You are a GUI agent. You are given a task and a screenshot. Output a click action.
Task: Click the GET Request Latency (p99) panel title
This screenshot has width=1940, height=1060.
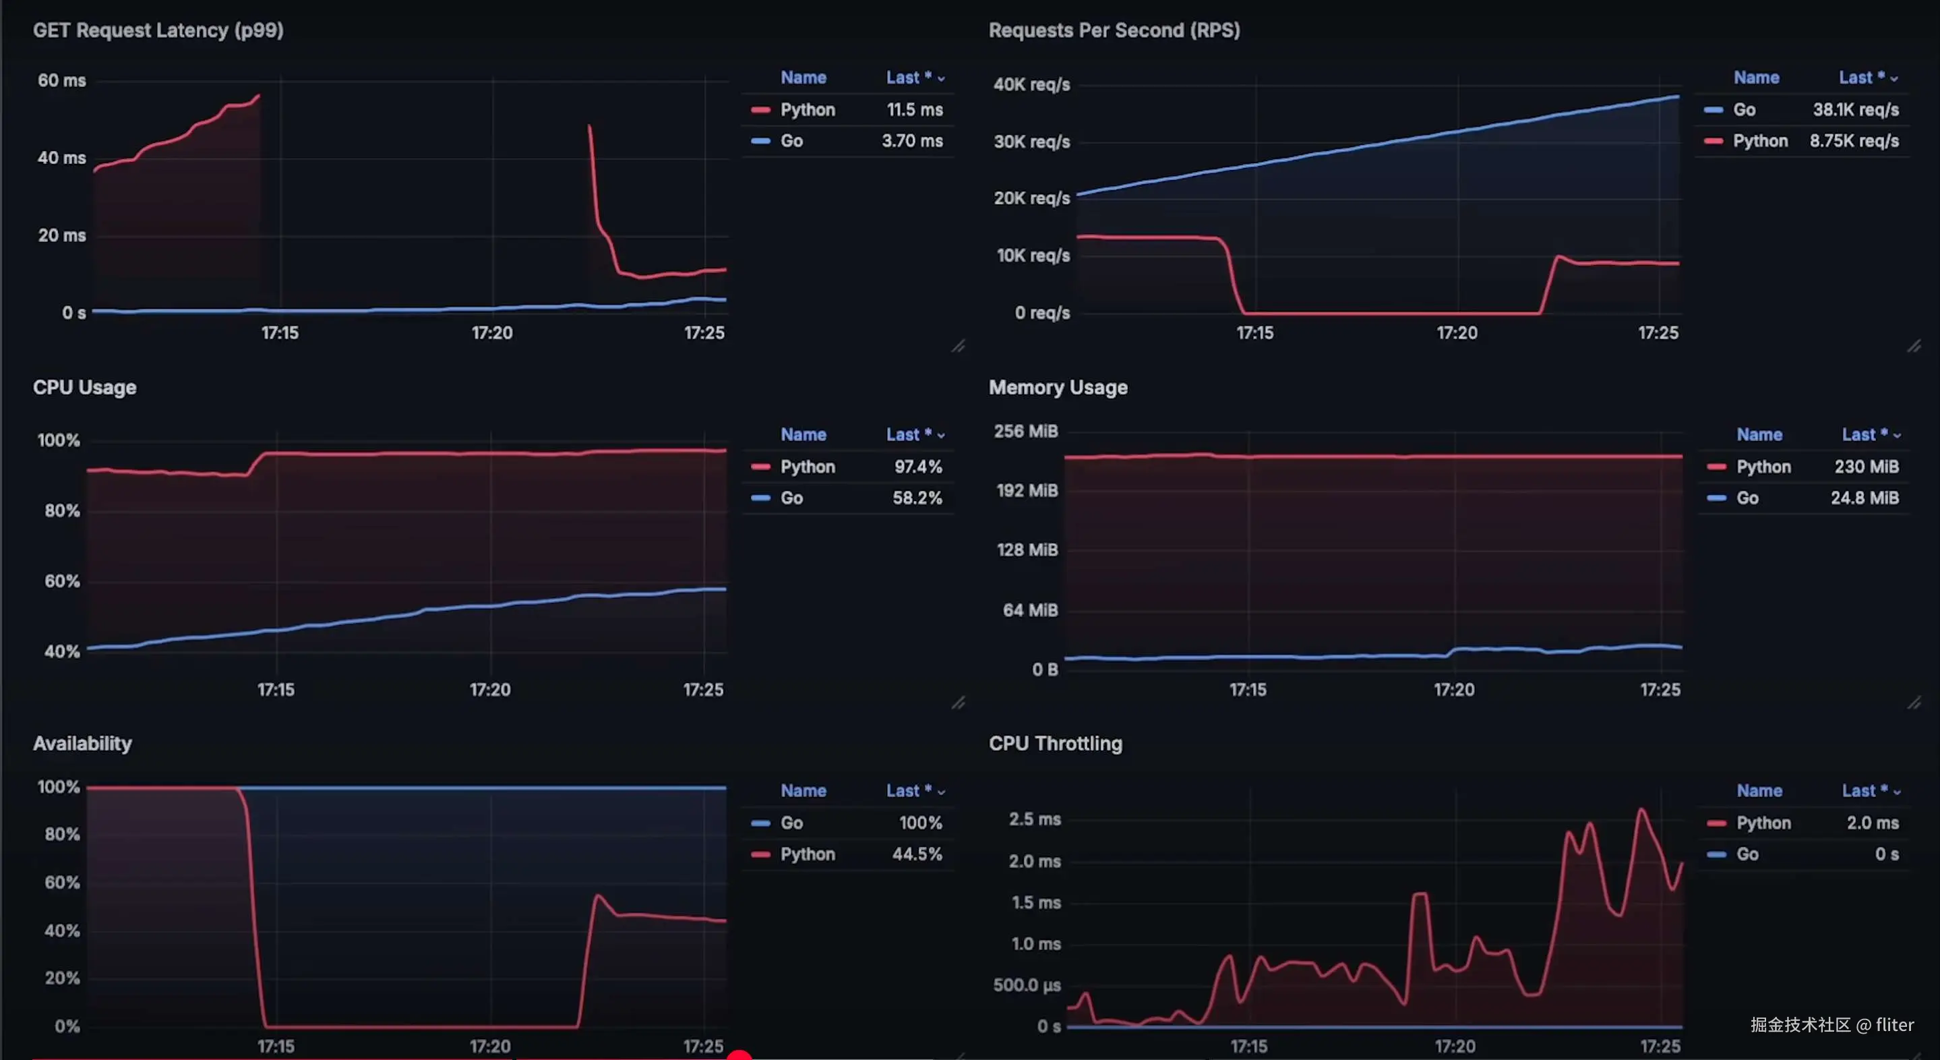pos(158,31)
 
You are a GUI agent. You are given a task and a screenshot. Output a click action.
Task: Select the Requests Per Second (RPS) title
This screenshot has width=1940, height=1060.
pos(1114,31)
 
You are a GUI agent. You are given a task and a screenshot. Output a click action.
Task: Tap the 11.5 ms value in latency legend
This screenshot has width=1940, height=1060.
pos(914,110)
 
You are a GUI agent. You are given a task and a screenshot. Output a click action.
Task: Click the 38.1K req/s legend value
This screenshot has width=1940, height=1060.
pos(1855,110)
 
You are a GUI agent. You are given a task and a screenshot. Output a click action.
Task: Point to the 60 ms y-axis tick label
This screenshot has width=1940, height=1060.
pos(62,81)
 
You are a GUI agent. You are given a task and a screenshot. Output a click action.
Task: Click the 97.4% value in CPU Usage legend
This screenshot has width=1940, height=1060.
pos(917,467)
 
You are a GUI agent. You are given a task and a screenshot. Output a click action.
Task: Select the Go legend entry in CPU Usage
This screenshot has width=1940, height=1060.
pos(791,498)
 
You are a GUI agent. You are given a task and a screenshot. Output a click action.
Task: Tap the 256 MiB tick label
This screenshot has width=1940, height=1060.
pos(1026,432)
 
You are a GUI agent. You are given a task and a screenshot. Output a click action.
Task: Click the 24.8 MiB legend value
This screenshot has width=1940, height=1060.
pos(1864,498)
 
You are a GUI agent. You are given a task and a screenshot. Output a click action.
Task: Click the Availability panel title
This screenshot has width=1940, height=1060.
pos(82,744)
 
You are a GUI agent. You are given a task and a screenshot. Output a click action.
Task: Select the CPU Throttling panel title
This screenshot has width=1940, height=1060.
pos(1055,744)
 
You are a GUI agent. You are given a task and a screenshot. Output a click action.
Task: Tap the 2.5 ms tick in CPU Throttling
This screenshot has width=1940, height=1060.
pos(1035,819)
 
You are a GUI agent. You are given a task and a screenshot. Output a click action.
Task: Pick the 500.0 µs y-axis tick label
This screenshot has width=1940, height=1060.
pos(1027,985)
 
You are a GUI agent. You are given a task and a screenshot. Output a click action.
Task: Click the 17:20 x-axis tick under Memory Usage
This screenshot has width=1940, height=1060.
pos(1453,690)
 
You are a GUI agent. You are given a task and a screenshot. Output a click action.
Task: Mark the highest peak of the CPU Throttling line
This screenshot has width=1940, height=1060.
pos(1641,810)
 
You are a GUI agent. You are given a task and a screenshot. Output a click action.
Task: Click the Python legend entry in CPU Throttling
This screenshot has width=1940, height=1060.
pos(1763,823)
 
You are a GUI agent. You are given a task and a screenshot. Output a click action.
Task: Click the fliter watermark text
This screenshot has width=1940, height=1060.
pos(1894,1024)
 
